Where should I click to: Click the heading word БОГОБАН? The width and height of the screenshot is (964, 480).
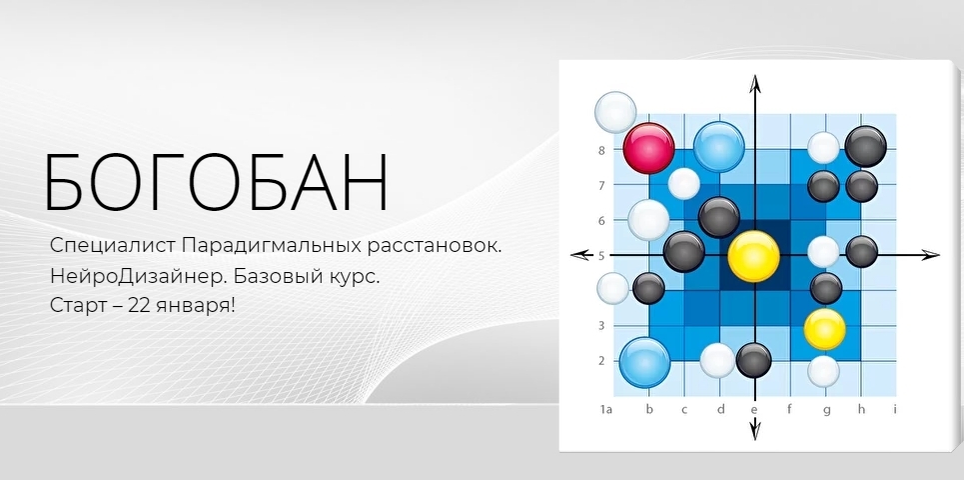216,182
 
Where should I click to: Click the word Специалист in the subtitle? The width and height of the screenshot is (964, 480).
113,246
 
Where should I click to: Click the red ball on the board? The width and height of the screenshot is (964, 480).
648,148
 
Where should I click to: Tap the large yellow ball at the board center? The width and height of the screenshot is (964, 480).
754,256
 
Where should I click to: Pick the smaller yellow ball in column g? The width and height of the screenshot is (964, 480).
824,329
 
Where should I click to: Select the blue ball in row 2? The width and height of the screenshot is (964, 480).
644,362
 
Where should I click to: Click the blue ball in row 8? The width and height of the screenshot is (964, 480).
718,147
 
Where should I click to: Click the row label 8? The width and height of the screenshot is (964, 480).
601,150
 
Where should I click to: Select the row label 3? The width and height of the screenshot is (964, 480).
601,326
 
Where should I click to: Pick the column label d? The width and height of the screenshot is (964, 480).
719,409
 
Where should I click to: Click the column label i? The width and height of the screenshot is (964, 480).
894,409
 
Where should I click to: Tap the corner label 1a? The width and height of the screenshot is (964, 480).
605,409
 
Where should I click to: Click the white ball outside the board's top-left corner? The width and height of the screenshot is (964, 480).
615,112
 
